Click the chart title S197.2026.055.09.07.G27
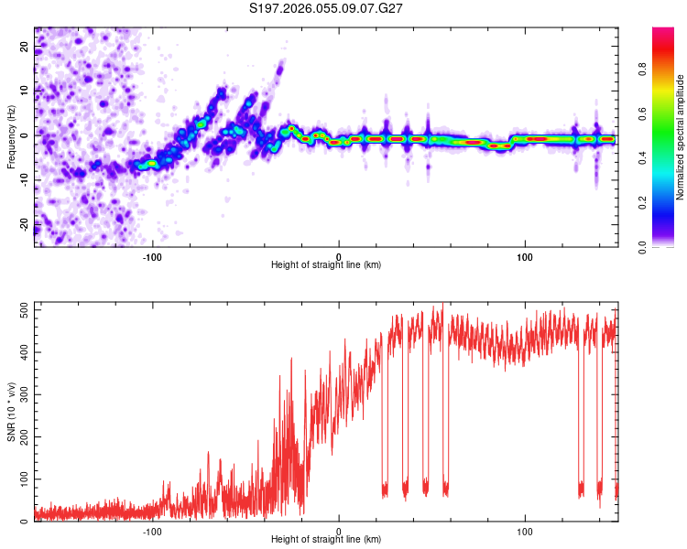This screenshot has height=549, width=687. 327,8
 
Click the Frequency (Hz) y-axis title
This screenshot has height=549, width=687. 12,138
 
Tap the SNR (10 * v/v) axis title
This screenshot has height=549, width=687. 12,413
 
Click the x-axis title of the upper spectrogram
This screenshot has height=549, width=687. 326,264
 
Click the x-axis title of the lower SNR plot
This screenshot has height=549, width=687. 326,539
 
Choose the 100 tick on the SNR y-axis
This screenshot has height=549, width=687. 22,479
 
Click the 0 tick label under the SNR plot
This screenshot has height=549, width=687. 339,531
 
